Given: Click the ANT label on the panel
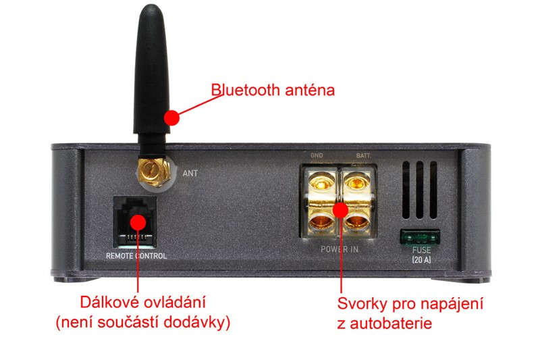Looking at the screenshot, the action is [190, 173].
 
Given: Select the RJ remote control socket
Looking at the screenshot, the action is [134, 222].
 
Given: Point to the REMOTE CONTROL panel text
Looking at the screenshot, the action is [136, 255].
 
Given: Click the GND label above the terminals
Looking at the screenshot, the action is [317, 155].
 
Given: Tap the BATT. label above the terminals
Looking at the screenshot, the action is [363, 156].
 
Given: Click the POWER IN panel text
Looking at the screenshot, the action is [340, 249].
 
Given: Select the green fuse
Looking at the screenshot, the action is [420, 237].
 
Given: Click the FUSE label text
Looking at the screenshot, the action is [421, 250].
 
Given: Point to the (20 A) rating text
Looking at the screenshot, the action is [421, 260].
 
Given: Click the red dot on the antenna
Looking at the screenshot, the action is [171, 118].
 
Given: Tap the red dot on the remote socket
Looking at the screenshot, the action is [138, 222].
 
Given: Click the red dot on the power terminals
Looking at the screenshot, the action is [341, 210].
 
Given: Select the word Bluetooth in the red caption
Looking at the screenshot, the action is [245, 90].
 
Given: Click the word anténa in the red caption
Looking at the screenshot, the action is [310, 91].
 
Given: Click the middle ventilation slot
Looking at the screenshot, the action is [419, 190].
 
